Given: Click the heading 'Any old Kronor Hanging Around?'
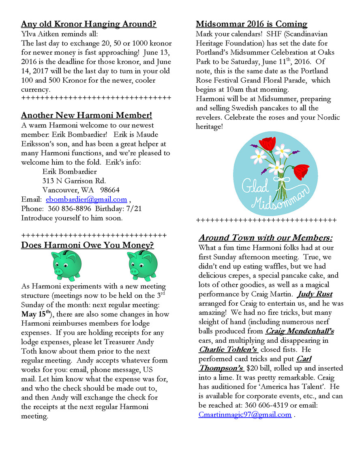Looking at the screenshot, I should pyautogui.click(x=88, y=24).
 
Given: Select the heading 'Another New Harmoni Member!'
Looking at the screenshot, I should pyautogui.click(x=86, y=115).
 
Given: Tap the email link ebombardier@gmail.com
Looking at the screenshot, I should pyautogui.click(x=86, y=199).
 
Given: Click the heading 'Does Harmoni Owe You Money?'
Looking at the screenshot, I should pyautogui.click(x=87, y=245).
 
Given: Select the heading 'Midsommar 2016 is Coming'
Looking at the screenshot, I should pyautogui.click(x=251, y=24).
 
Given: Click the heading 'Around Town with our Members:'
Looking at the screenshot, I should pyautogui.click(x=266, y=238).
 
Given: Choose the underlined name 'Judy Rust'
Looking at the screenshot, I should pyautogui.click(x=315, y=294).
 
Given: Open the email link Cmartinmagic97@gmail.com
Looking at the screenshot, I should pyautogui.click(x=245, y=414).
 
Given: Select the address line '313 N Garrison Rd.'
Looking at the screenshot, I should pyautogui.click(x=74, y=180).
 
